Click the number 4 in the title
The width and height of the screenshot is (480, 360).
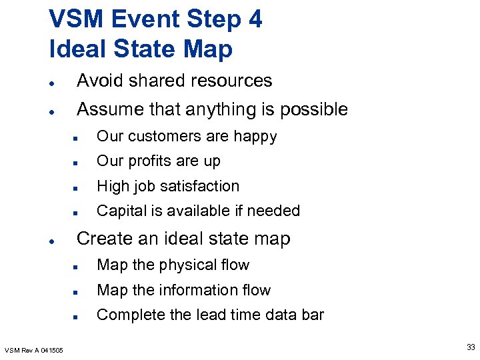pos(254,19)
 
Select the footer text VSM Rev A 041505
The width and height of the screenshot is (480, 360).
pos(34,350)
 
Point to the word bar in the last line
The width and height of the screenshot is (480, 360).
pos(311,315)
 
